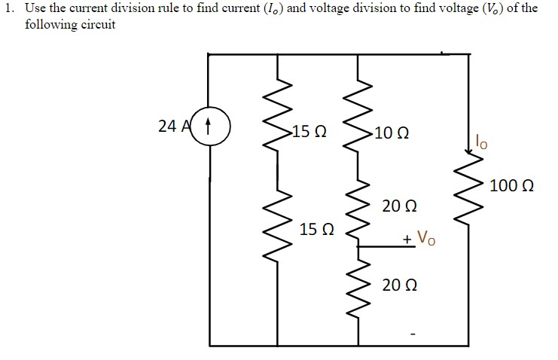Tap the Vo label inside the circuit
(426, 239)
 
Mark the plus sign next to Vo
(407, 240)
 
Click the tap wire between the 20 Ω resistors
(380, 246)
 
